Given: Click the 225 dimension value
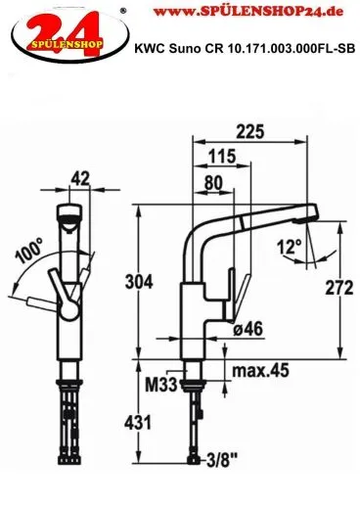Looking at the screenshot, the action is pyautogui.click(x=250, y=132).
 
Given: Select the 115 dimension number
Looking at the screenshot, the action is pyautogui.click(x=222, y=157).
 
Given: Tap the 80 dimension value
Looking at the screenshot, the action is pyautogui.click(x=213, y=183).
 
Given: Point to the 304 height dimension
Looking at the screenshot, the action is pyautogui.click(x=139, y=282).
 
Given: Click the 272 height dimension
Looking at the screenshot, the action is pyautogui.click(x=339, y=288).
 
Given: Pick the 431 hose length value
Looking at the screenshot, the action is pyautogui.click(x=138, y=423).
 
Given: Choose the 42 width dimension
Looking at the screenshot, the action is pyautogui.click(x=80, y=179).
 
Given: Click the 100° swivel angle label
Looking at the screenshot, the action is pyautogui.click(x=29, y=251).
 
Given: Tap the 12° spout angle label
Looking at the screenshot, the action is pyautogui.click(x=290, y=247).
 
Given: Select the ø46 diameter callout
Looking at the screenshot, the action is pyautogui.click(x=247, y=329).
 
